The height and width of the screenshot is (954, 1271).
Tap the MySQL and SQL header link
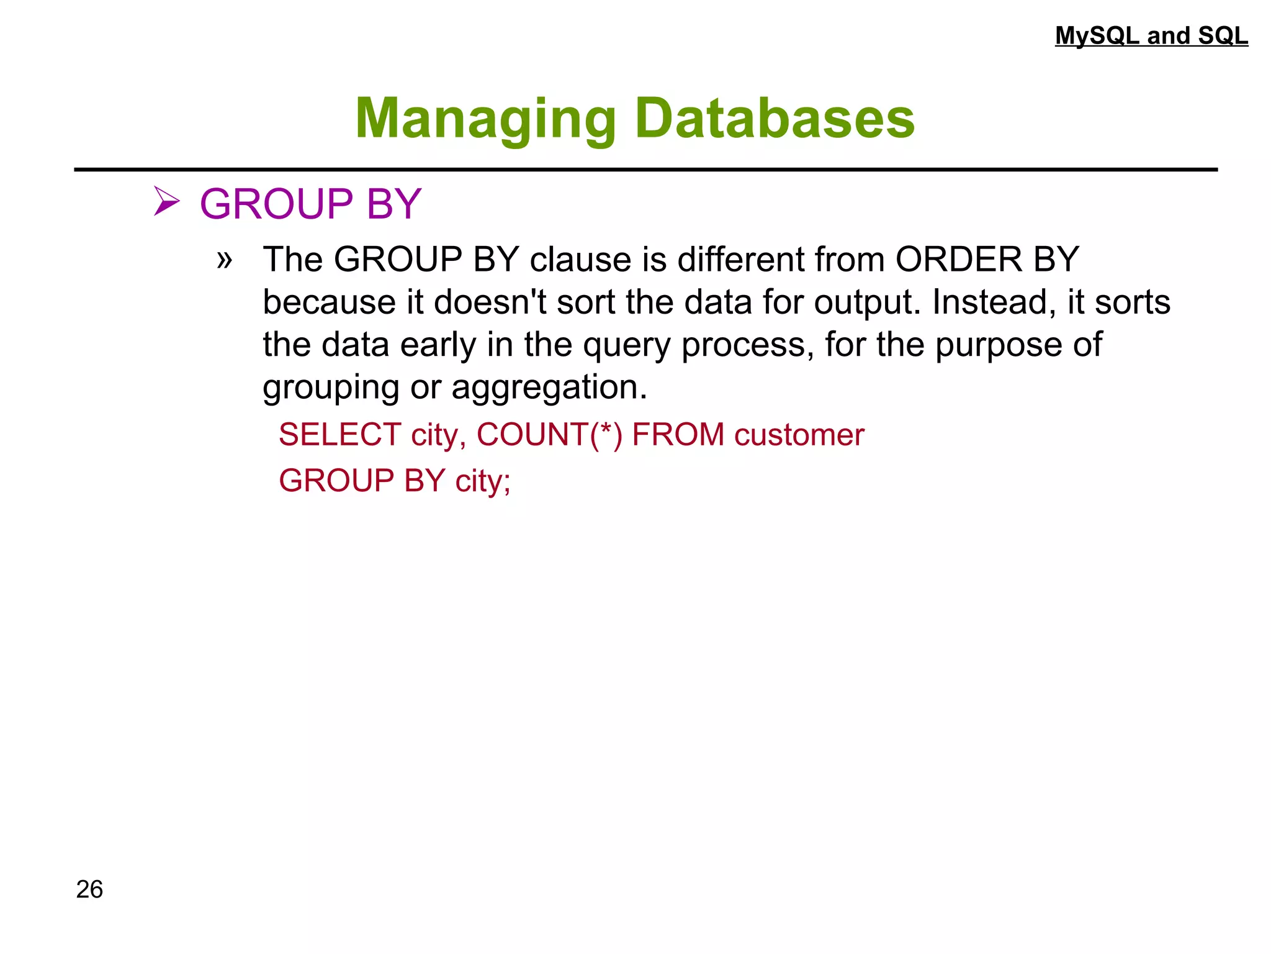click(x=1151, y=36)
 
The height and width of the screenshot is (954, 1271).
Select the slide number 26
click(x=89, y=889)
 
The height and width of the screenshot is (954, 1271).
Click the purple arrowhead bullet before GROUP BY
click(x=166, y=202)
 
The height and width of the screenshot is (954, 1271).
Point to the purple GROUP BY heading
click(x=310, y=204)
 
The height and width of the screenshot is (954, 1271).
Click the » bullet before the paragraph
click(x=225, y=260)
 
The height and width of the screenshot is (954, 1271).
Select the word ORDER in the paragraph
click(x=958, y=259)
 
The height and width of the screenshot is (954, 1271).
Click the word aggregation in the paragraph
click(x=549, y=388)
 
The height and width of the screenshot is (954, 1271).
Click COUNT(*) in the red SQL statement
click(x=549, y=434)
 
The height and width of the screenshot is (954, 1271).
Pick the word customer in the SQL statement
click(x=799, y=435)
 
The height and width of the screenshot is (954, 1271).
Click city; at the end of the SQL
click(x=483, y=481)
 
